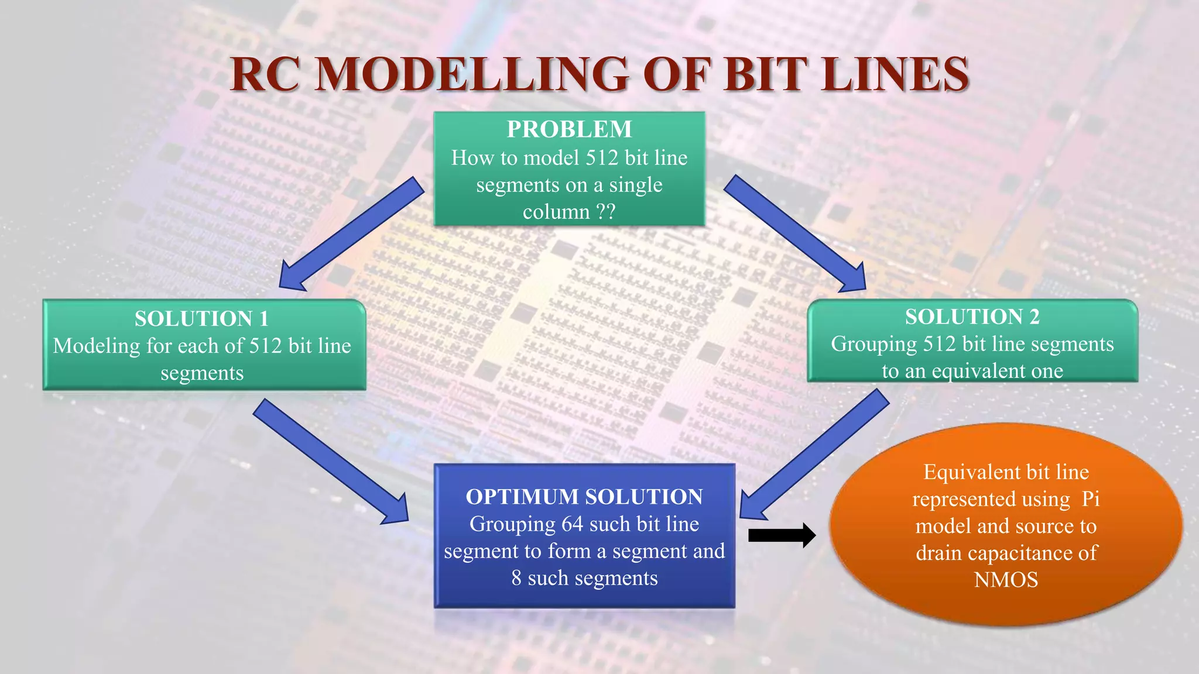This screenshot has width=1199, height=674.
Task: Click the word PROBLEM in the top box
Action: [x=569, y=129]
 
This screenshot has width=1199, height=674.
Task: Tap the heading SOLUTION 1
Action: [x=201, y=319]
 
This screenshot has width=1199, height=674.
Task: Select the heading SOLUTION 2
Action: [x=972, y=317]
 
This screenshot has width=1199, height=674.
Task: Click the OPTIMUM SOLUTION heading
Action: [x=584, y=497]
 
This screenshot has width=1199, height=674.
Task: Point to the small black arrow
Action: [x=782, y=535]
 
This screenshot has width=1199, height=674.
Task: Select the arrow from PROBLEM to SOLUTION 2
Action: [x=795, y=234]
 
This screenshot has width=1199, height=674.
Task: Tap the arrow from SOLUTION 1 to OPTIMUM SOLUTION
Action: [x=331, y=462]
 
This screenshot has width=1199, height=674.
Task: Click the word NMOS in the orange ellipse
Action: [x=1006, y=580]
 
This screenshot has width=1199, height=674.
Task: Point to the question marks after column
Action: [x=605, y=211]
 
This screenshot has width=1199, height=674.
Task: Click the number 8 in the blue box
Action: [x=516, y=578]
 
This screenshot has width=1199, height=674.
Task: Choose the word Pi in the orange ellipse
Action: [x=1090, y=499]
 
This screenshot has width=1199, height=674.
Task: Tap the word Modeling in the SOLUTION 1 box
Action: [x=97, y=346]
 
